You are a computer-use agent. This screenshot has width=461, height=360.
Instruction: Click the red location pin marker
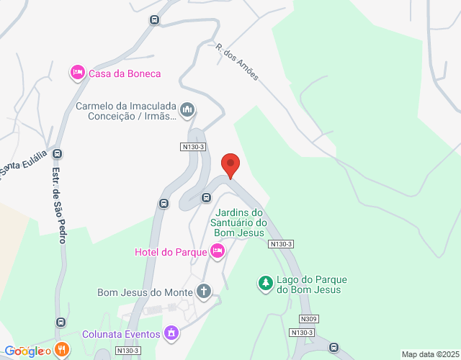point(230,165)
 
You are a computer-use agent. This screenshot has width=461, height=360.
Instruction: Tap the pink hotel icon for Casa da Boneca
point(77,73)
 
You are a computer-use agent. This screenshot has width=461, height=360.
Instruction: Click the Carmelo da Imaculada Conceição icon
point(187,110)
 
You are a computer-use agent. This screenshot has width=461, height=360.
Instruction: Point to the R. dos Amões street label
point(236,62)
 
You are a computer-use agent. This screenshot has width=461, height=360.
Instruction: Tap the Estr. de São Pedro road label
point(58,205)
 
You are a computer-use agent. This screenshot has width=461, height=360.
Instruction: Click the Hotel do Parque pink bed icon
point(218,251)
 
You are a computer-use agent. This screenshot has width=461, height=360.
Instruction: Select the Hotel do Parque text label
point(170,252)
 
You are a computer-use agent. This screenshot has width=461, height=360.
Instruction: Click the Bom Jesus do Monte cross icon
point(205,292)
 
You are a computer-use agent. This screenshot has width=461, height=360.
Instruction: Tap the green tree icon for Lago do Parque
point(266,284)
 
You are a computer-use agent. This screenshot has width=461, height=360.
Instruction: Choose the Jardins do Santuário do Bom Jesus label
point(238,222)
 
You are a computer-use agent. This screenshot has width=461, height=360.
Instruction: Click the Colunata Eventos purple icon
point(171,333)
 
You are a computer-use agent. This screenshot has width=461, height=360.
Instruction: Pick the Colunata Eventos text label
point(120,334)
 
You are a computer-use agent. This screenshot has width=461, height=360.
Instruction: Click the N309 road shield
point(310,319)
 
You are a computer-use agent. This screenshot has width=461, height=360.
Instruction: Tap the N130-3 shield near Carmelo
point(193,147)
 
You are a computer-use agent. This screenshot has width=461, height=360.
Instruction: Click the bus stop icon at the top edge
point(154,19)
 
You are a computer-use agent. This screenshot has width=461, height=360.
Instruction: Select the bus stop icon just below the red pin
point(207,197)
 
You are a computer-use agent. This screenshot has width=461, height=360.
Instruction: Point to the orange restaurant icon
point(62,350)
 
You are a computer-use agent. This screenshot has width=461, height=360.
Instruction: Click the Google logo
point(25,351)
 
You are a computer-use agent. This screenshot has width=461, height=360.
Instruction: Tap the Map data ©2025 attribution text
point(430,354)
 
